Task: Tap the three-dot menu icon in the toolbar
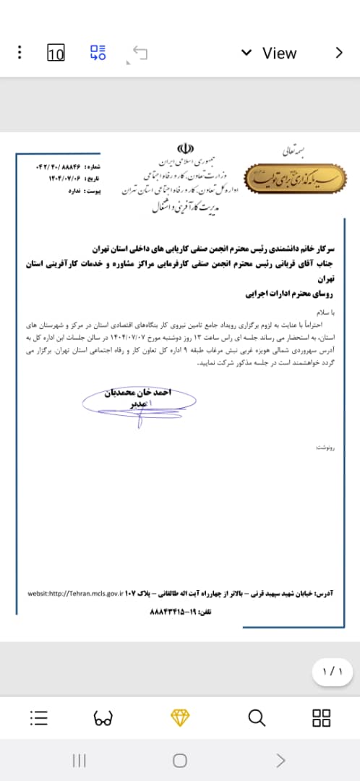tap(20, 53)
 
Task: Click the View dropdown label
tap(279, 53)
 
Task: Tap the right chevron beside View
tap(338, 52)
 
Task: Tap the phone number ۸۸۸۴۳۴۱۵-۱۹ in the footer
tap(171, 612)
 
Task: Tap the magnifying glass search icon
tap(257, 717)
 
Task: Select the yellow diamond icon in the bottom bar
tap(179, 717)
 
